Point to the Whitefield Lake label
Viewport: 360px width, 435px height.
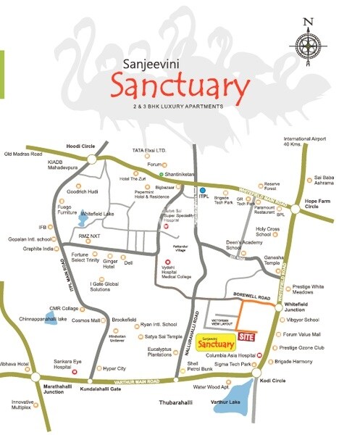coord(98,214)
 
